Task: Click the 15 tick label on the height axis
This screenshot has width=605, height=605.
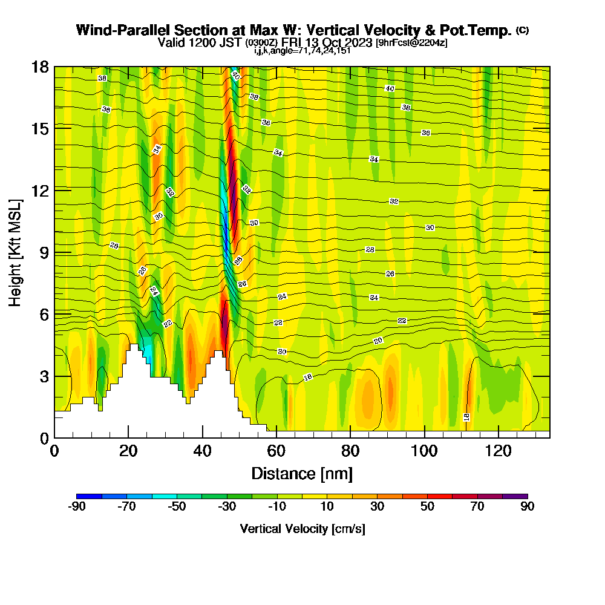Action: pyautogui.click(x=40, y=128)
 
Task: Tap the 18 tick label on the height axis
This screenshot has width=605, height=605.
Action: pyautogui.click(x=40, y=67)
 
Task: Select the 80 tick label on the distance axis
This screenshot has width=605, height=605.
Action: pyautogui.click(x=350, y=451)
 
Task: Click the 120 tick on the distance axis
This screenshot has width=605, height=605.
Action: pyautogui.click(x=499, y=437)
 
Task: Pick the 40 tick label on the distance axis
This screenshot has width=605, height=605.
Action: pyautogui.click(x=202, y=451)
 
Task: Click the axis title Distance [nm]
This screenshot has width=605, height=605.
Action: pyautogui.click(x=302, y=473)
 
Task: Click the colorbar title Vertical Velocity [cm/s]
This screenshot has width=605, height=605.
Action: pyautogui.click(x=302, y=529)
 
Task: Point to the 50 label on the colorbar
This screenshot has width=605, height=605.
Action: pyautogui.click(x=427, y=507)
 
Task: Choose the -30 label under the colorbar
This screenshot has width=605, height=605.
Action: pyautogui.click(x=227, y=507)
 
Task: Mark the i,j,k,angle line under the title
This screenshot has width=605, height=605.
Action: pyautogui.click(x=302, y=51)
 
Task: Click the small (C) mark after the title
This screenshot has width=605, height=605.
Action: pyautogui.click(x=522, y=30)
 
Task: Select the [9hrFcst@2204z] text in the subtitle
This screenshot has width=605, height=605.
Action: pyautogui.click(x=411, y=43)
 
